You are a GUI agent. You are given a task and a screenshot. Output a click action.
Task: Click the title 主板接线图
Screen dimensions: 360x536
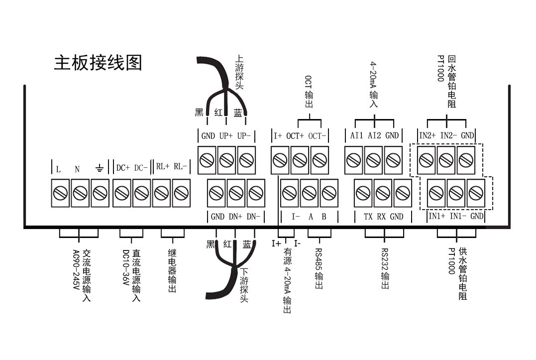(98, 63)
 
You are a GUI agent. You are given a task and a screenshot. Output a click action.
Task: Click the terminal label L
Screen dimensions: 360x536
(58, 169)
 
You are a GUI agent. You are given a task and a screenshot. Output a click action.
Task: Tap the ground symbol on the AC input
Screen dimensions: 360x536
(99, 169)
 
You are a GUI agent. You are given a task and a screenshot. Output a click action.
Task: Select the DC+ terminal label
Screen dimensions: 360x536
(122, 168)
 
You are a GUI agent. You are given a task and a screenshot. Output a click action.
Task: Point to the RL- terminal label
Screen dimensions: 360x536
(180, 167)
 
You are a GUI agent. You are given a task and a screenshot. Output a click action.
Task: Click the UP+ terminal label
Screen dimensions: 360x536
(226, 136)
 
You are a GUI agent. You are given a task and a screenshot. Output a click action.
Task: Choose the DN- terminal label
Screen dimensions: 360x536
(254, 217)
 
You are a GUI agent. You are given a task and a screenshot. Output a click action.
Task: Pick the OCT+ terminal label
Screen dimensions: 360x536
(295, 136)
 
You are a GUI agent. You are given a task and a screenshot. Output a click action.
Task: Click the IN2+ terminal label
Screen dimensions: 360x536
(427, 136)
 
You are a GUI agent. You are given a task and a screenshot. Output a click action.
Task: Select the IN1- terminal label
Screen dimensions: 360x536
(458, 217)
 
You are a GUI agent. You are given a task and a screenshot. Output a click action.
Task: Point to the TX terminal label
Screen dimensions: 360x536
(368, 217)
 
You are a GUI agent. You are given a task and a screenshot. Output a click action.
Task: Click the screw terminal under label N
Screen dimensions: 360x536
(80, 192)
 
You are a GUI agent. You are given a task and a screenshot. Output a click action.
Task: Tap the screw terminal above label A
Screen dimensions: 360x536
(309, 192)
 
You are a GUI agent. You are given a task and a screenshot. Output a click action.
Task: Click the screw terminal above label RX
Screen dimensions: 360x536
(382, 192)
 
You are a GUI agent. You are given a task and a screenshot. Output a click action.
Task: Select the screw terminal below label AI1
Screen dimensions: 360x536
(353, 160)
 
